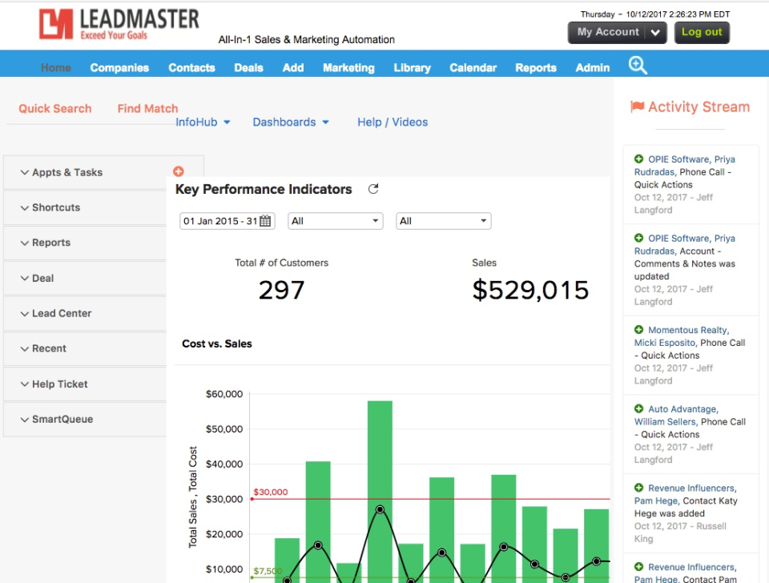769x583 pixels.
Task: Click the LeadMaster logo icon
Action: pos(57,24)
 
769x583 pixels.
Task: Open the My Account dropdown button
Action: pos(617,32)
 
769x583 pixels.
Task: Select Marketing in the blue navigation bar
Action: pos(348,68)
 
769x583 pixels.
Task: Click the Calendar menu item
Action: pos(473,68)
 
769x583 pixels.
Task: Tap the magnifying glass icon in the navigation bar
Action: pos(638,66)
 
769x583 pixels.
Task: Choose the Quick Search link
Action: pos(55,109)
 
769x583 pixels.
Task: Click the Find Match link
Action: pos(147,109)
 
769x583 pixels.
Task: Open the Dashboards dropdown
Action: pos(291,123)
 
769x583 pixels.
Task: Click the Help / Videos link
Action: pos(393,123)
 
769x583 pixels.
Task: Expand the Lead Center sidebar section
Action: pos(62,314)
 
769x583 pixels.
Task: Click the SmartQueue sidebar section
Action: pos(62,420)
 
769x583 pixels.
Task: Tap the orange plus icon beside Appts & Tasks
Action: pos(178,171)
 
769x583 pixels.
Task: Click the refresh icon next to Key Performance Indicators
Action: pos(372,189)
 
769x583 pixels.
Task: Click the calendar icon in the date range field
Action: pos(265,221)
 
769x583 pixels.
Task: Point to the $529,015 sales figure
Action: pos(530,290)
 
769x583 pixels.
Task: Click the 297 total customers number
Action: pos(281,290)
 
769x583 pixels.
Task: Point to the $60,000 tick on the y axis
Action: pos(224,394)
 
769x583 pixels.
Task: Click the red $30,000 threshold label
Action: pos(270,493)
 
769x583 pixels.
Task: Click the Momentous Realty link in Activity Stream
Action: pos(688,330)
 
